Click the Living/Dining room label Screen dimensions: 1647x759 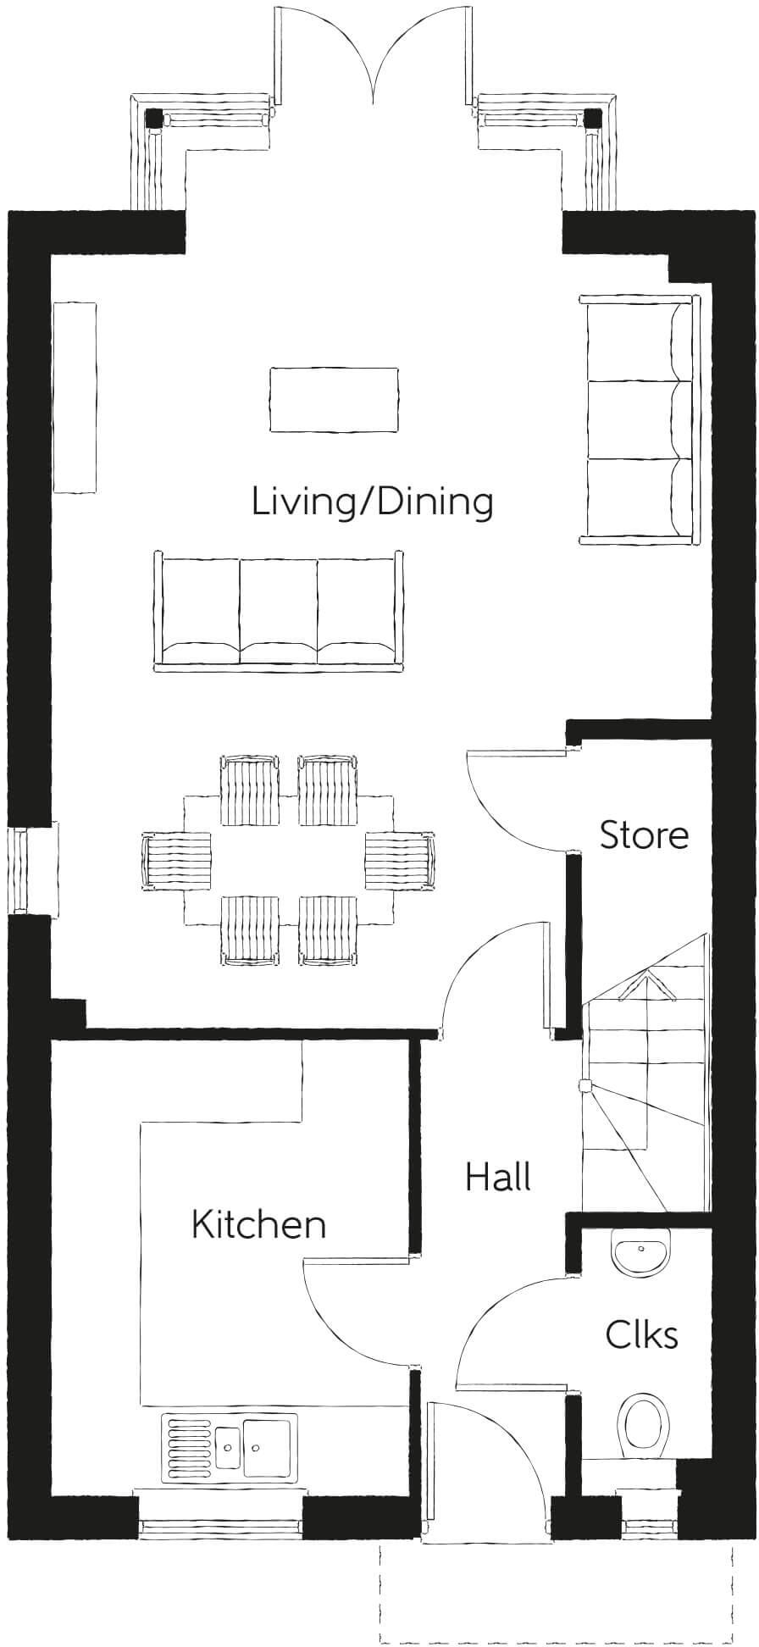(x=372, y=502)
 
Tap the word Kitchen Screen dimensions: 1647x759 (x=258, y=1224)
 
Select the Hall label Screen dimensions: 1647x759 (x=498, y=1177)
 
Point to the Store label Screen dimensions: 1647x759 (x=644, y=835)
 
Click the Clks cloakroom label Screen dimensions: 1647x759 (x=641, y=1334)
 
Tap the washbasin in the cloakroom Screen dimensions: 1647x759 (x=642, y=1252)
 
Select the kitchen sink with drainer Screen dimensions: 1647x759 (x=228, y=1445)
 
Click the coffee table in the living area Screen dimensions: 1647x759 (x=334, y=400)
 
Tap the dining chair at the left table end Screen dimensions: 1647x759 (x=176, y=861)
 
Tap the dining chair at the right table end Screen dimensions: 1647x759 (x=399, y=861)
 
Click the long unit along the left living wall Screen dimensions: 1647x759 (x=75, y=396)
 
